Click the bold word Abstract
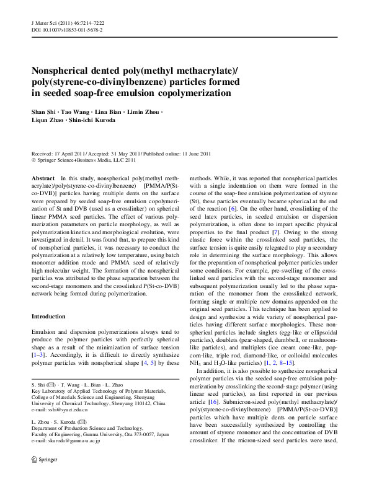pos(43,177)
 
